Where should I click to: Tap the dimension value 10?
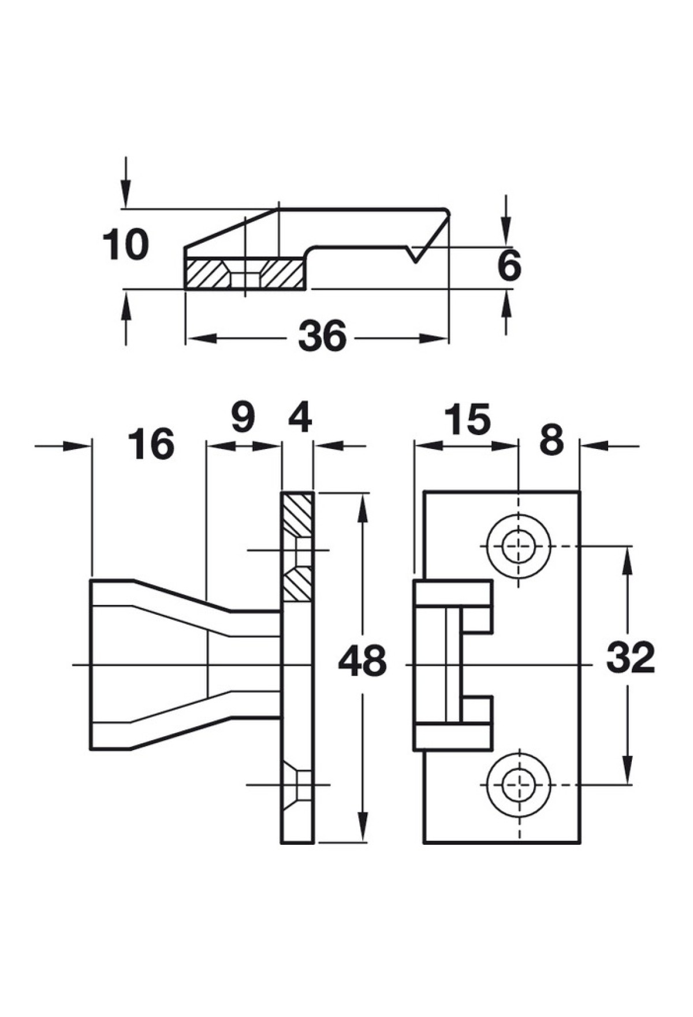125,244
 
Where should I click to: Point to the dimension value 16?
151,444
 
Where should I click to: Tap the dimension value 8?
552,441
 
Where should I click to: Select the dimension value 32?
631,657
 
